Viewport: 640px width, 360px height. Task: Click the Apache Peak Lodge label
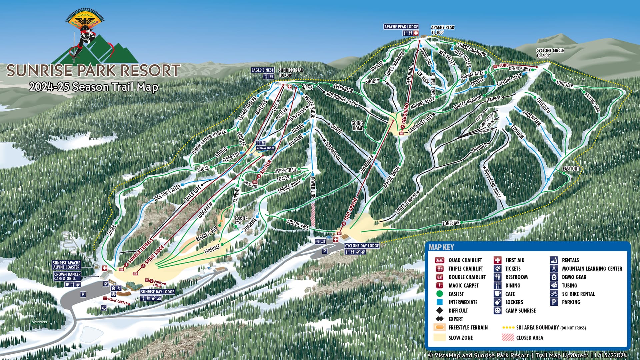tap(401, 27)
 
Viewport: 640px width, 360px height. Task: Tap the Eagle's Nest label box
tap(263, 70)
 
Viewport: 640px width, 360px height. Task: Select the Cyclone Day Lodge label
tap(362, 246)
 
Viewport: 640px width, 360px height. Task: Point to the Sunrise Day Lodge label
tap(158, 292)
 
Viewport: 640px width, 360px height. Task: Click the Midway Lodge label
tap(265, 148)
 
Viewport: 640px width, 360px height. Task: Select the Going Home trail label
tap(357, 126)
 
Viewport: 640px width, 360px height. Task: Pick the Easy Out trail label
tap(571, 169)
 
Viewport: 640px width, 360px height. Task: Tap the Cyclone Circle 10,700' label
tap(550, 53)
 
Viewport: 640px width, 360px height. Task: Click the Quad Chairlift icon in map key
tap(440, 260)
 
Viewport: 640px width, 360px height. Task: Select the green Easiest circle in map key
tap(440, 294)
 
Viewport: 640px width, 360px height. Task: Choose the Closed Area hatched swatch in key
tap(508, 337)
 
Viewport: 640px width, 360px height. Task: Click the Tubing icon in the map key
tap(554, 286)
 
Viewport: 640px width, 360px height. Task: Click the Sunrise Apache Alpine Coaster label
tap(66, 265)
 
